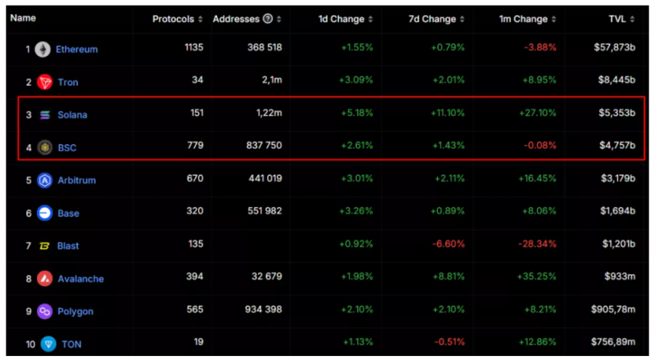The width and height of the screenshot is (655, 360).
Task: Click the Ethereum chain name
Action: click(x=76, y=50)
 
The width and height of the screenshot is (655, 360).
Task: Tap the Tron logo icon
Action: click(x=44, y=83)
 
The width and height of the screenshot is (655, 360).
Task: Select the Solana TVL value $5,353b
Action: click(x=617, y=115)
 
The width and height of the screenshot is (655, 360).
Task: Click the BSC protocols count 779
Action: click(x=195, y=146)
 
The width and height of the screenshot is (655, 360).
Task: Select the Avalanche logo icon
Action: click(x=44, y=278)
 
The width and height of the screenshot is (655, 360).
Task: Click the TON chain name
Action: click(x=71, y=344)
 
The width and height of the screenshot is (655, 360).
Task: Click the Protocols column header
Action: click(x=173, y=19)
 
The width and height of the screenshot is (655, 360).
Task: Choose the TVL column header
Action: click(x=621, y=19)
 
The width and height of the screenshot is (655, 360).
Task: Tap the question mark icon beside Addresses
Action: click(x=268, y=19)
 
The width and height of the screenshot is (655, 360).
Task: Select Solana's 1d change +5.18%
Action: click(x=357, y=115)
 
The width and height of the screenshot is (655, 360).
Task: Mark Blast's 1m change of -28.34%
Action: click(x=535, y=245)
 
